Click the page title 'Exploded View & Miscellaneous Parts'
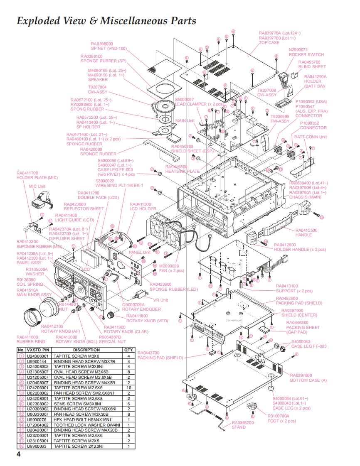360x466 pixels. pos(106,20)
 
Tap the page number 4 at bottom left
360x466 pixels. pos(18,454)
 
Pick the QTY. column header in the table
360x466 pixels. pos(128,350)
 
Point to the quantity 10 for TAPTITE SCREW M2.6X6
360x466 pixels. pos(128,388)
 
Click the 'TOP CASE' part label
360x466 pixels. pos(269,42)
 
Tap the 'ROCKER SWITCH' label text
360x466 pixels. pos(306,54)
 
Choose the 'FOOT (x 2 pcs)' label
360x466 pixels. pos(281,421)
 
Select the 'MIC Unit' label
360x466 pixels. pos(37,186)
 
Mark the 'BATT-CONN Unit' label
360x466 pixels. pos(310,137)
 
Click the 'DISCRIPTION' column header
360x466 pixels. pos(86,350)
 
